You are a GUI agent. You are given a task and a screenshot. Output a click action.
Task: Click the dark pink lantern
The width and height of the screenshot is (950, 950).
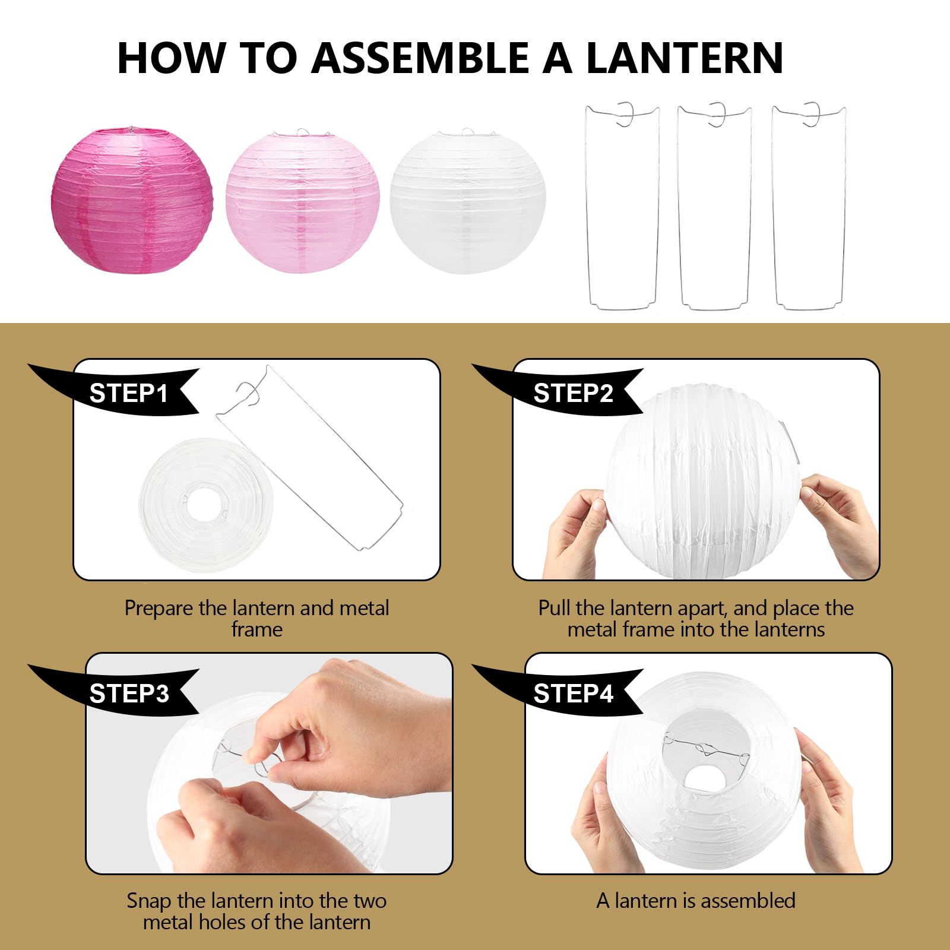(x=132, y=200)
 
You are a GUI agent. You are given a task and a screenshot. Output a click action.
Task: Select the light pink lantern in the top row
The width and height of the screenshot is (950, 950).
(x=302, y=202)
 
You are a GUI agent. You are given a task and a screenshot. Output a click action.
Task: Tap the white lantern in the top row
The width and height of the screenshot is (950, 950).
(x=467, y=202)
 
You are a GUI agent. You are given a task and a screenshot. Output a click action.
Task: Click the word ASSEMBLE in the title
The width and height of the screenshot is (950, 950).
(x=419, y=58)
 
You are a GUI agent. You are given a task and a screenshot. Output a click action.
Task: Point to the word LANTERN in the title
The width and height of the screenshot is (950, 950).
(x=684, y=58)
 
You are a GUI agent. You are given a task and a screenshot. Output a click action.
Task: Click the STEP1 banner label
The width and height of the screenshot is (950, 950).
(x=128, y=394)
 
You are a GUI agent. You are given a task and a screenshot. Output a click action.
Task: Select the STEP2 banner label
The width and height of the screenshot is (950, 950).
(x=572, y=394)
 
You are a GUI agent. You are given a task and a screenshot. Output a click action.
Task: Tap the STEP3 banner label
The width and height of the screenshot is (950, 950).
(x=128, y=693)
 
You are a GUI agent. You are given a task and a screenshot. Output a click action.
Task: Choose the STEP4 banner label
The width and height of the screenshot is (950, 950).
(x=572, y=693)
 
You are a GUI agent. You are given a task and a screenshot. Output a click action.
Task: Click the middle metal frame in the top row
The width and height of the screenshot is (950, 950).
(x=714, y=208)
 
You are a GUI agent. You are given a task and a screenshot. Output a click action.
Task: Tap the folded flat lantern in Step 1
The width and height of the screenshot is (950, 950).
(x=205, y=505)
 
